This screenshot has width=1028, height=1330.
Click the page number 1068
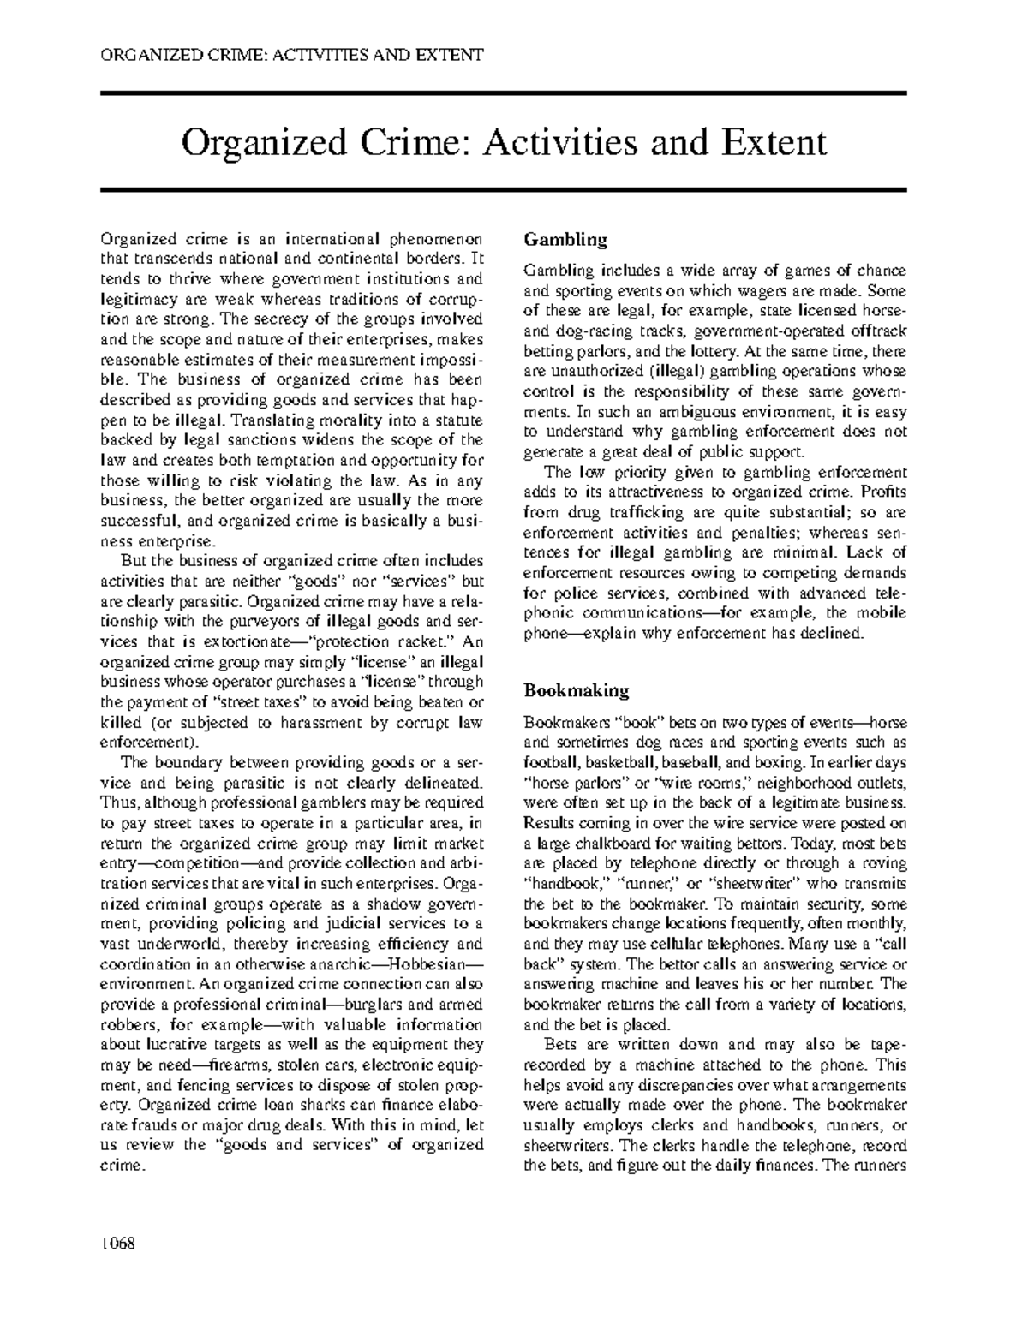tap(118, 1242)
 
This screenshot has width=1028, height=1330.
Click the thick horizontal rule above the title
tap(504, 92)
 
